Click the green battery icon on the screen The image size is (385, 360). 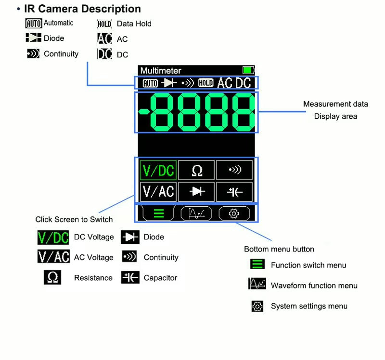coord(248,71)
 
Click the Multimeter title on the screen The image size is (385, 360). coord(161,71)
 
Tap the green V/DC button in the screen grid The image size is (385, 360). coord(158,170)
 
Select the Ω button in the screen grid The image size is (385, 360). coord(197,170)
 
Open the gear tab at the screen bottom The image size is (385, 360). coord(234,214)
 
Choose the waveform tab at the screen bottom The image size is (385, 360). coord(196,214)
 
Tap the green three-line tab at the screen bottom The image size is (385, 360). coord(159,214)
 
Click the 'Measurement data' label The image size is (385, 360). coord(335,104)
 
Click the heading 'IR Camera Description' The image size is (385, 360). coord(82,9)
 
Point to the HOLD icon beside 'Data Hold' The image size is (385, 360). coord(104,24)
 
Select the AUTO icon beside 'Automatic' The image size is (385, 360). coord(34,23)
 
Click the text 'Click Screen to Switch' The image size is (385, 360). coord(74,220)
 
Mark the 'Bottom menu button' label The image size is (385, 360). coord(279,249)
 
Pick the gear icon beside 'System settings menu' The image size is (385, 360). coord(257,306)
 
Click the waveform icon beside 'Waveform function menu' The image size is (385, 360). coord(257,285)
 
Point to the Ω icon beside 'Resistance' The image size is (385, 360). coord(52,278)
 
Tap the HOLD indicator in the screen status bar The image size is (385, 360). coord(205,83)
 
